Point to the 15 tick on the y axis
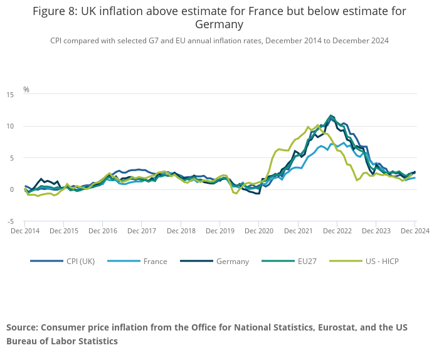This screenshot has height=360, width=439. (x=10, y=95)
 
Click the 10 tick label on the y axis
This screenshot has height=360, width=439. (x=10, y=126)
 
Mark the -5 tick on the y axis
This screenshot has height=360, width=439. (x=10, y=221)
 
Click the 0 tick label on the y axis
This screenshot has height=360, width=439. (x=12, y=189)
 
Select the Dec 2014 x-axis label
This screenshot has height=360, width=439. (x=25, y=231)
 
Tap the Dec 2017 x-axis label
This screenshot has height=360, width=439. (x=142, y=231)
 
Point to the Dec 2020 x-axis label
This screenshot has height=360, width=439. (x=259, y=231)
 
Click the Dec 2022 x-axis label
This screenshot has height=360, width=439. (x=337, y=231)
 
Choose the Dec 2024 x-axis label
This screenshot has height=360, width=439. (x=415, y=231)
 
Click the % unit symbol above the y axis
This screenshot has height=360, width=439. (x=26, y=90)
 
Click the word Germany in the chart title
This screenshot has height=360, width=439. (x=219, y=24)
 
